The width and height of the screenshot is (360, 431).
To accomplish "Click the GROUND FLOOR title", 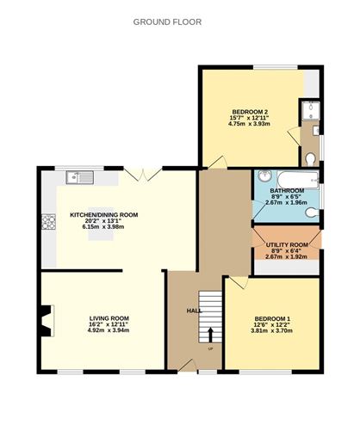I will (167, 22).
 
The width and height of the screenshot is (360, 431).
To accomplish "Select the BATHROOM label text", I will (286, 190).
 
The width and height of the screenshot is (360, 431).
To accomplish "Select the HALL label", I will (195, 311).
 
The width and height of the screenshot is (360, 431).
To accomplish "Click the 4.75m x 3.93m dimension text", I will (250, 124).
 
